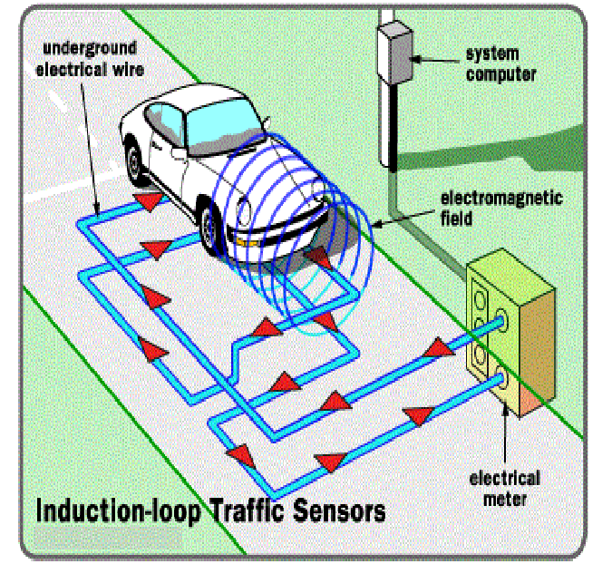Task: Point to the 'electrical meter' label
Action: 505,488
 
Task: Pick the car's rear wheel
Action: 136,163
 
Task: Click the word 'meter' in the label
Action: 505,498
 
